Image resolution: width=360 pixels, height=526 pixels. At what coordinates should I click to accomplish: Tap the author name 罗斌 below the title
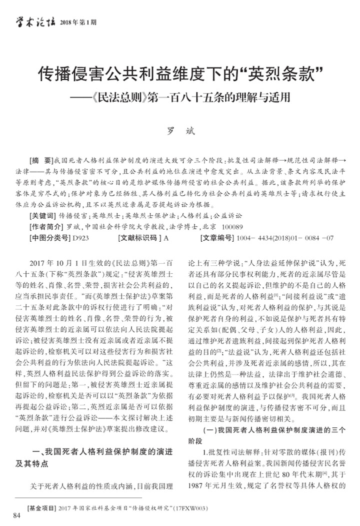[x=179, y=132]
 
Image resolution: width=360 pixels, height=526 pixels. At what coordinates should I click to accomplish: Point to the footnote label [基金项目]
[x=42, y=508]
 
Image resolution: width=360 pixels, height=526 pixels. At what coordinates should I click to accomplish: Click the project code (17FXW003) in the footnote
[x=188, y=508]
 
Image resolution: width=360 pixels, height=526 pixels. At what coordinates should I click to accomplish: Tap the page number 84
[x=18, y=515]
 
